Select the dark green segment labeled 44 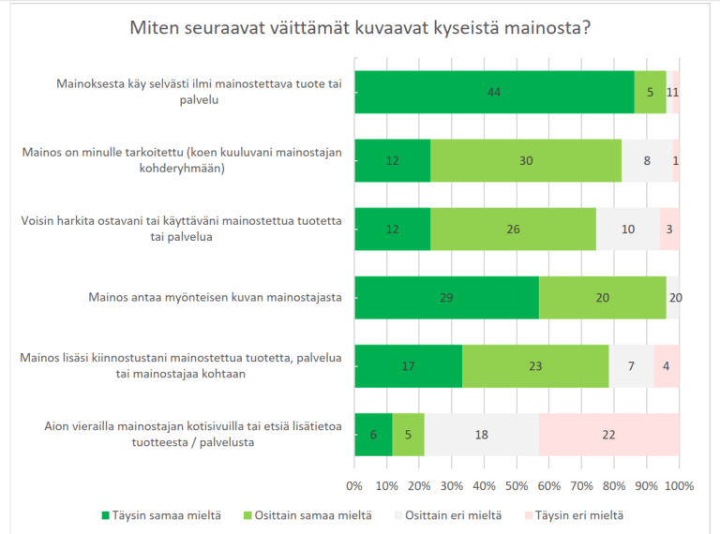coord(494,92)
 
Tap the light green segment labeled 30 coord(526,160)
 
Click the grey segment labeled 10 coord(628,229)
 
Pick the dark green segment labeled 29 coord(446,297)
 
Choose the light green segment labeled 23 coord(535,365)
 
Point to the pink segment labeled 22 coord(609,434)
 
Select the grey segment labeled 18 coord(481,434)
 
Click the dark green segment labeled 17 coord(408,365)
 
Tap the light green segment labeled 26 coord(513,229)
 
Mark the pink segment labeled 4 coord(667,365)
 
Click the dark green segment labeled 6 coord(373,434)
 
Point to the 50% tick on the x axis coord(517,485)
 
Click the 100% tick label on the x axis coord(679,485)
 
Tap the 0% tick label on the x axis coord(354,485)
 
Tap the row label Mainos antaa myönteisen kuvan coord(214,298)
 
